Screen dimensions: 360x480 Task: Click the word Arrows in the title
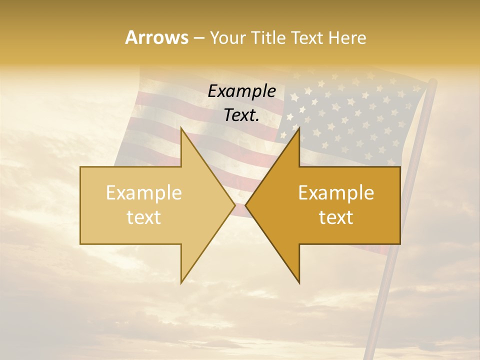point(156,37)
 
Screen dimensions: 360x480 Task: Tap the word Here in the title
point(347,38)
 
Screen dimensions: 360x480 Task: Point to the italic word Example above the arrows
point(241,91)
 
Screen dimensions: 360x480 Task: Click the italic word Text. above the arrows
point(241,115)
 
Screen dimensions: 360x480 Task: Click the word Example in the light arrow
point(144,193)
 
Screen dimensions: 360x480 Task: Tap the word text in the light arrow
point(144,217)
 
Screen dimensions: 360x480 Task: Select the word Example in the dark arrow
point(336,193)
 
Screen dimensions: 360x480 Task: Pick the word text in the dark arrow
point(336,217)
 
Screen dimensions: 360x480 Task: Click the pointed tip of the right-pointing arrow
point(234,205)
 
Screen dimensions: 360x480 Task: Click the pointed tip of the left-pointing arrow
point(246,205)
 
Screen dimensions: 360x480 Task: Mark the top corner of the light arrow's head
point(181,128)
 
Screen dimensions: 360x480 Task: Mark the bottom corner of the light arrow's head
point(181,282)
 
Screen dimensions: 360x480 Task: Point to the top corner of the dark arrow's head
point(299,128)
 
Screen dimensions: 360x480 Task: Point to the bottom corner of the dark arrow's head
point(299,282)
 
